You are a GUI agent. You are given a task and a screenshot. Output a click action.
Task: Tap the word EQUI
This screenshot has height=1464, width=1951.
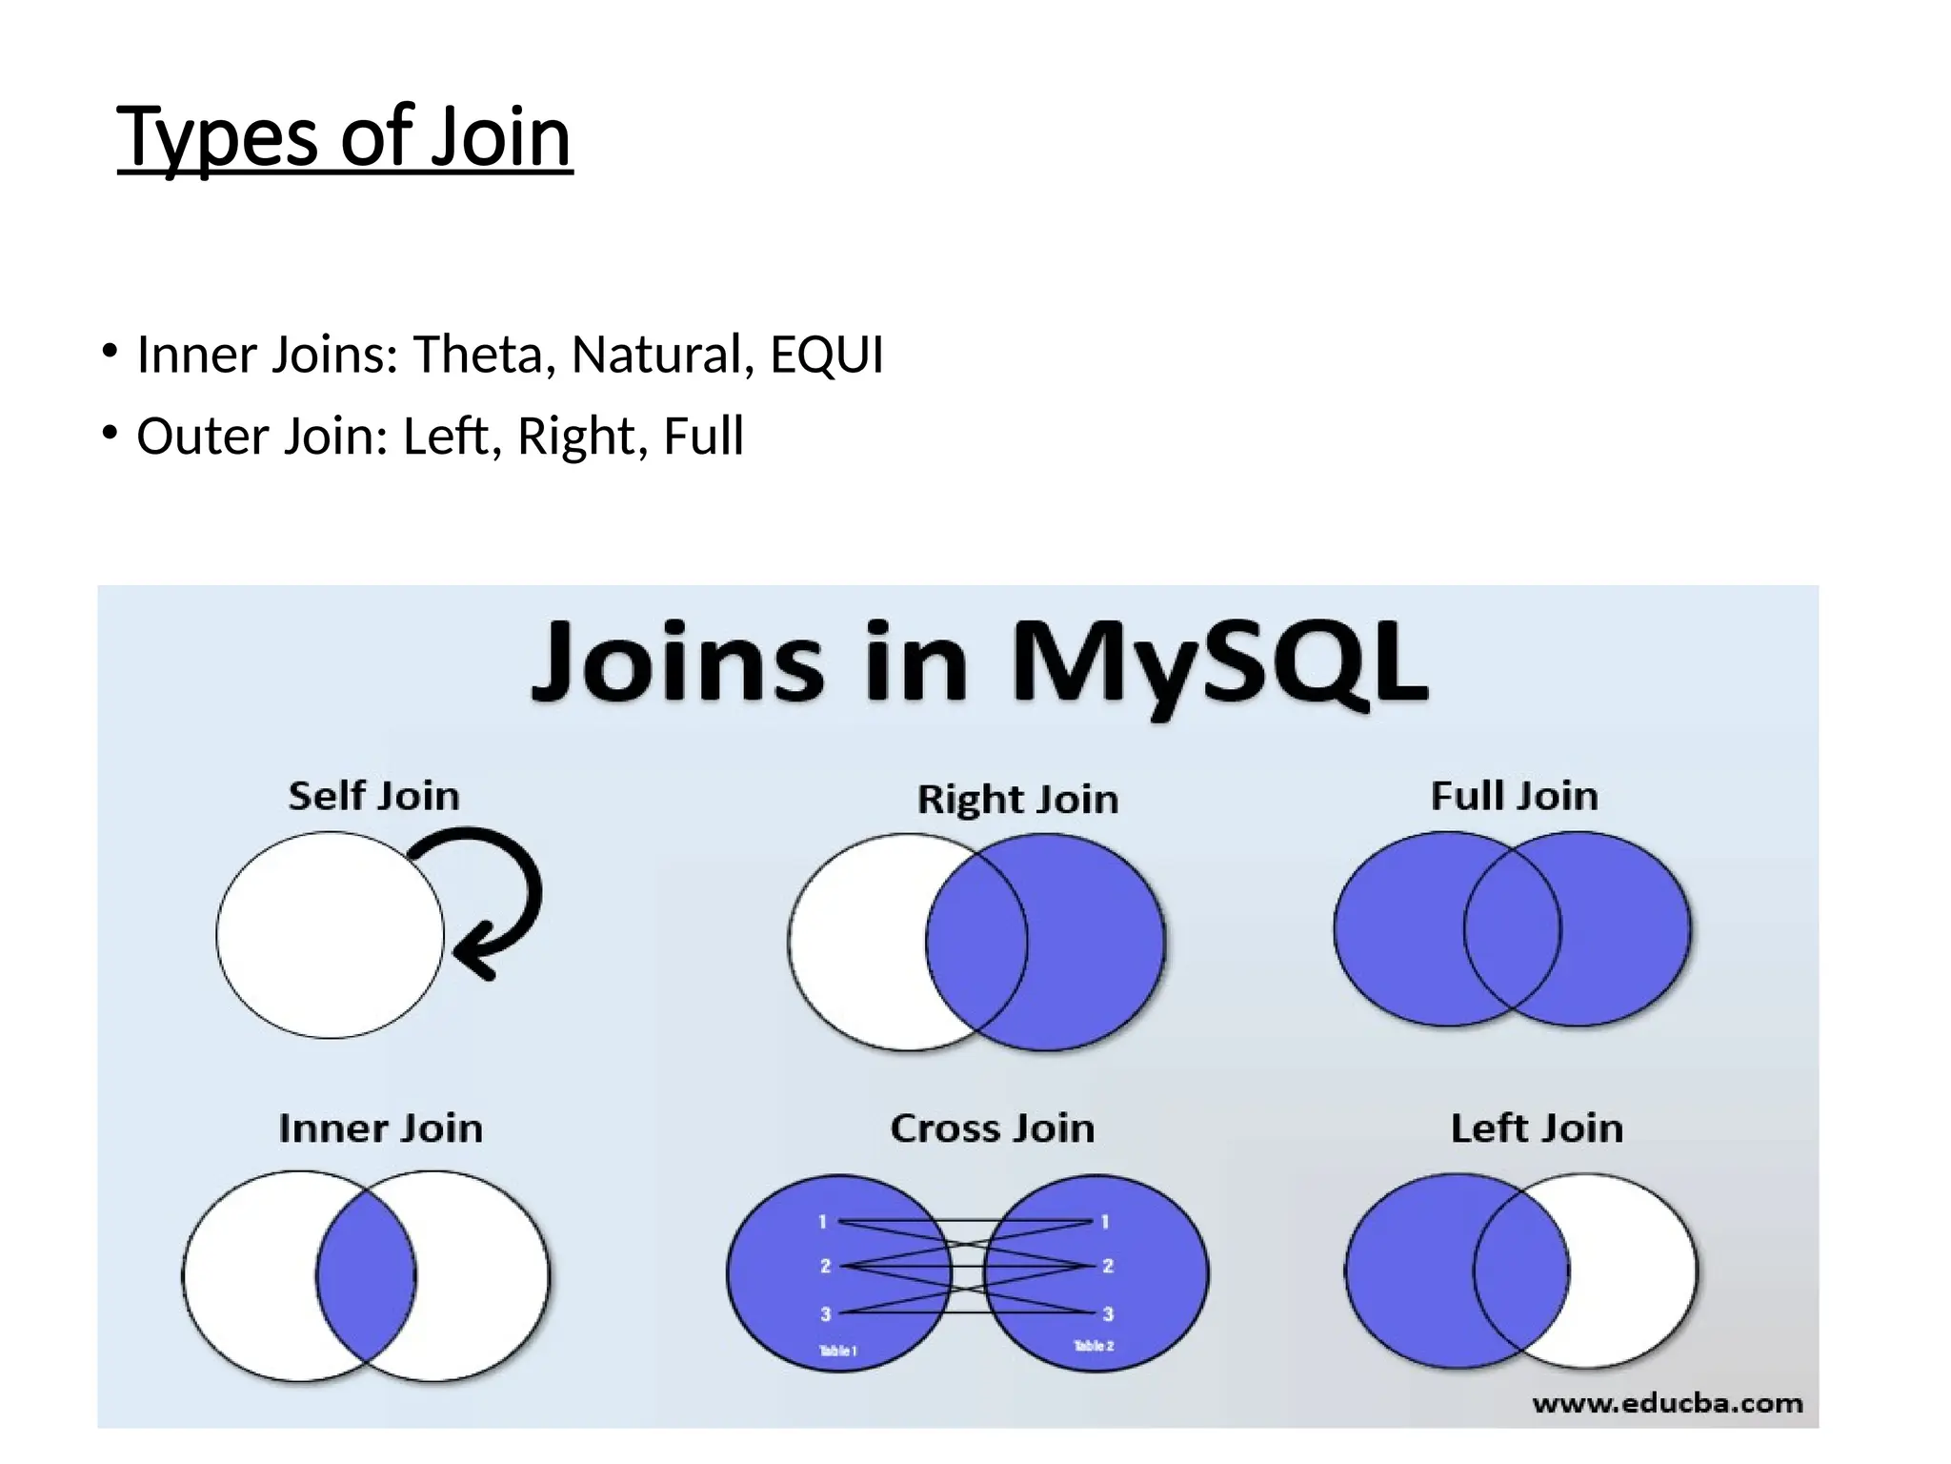826,355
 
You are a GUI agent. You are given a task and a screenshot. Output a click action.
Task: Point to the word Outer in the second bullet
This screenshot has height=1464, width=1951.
203,437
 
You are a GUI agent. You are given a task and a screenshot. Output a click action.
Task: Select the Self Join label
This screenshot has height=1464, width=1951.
373,796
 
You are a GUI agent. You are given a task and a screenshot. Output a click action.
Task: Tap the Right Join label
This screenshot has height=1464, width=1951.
1017,799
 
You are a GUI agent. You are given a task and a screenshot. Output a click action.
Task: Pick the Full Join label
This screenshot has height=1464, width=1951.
1514,796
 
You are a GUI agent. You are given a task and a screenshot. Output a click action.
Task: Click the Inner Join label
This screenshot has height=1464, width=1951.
380,1128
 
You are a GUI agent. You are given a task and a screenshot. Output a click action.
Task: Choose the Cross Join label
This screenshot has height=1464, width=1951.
992,1128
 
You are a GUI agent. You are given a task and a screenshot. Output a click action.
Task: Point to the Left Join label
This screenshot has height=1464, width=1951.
1536,1128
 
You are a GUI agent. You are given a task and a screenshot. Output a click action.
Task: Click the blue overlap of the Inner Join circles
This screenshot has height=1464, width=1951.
366,1275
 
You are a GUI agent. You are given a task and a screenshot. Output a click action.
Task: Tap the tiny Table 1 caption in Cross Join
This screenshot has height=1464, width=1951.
838,1351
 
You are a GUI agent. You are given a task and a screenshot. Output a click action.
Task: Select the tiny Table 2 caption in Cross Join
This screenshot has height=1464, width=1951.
1094,1346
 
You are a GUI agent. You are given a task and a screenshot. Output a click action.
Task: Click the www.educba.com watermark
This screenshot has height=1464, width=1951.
1667,1403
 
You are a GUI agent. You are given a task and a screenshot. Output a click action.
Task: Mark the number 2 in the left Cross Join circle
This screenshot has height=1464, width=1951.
825,1266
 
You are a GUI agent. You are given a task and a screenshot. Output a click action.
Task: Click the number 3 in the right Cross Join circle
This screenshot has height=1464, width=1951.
1107,1313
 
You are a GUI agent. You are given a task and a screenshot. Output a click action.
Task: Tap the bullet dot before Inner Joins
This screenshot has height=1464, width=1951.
111,352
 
